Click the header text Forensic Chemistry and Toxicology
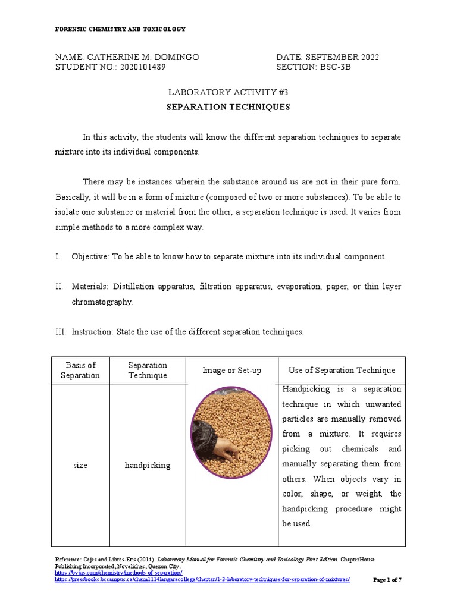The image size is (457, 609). point(120,29)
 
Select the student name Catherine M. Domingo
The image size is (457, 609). point(143,57)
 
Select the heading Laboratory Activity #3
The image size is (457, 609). point(228,92)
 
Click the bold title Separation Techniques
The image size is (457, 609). point(228,108)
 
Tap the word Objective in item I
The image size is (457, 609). point(90,256)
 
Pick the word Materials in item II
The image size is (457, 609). point(90,287)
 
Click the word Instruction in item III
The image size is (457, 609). point(92,332)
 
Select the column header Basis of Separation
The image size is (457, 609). point(80,370)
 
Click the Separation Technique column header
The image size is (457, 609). point(148,370)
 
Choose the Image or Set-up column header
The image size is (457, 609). point(231,371)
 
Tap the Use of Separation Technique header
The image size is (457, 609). point(342,371)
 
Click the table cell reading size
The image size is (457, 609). point(80,465)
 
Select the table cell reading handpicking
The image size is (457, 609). point(148,465)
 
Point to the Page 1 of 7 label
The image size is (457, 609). point(387,580)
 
